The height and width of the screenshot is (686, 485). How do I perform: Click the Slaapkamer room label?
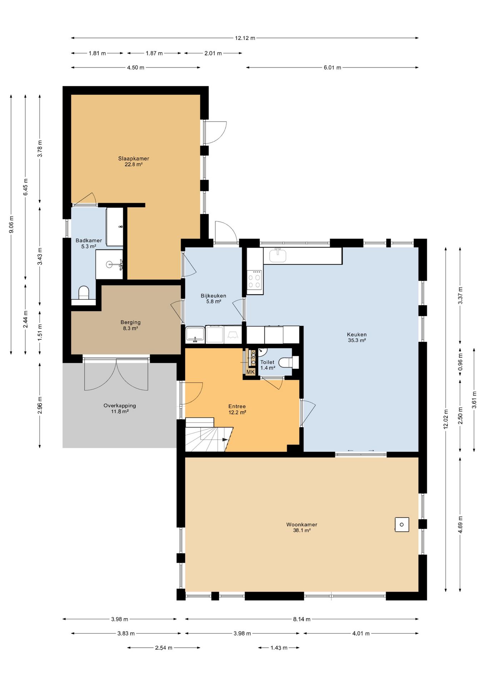[134, 159]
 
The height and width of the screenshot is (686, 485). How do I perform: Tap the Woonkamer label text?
[302, 525]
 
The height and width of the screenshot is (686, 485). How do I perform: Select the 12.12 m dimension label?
[245, 38]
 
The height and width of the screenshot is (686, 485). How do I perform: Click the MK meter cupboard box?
[250, 372]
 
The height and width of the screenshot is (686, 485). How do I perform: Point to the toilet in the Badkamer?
[84, 292]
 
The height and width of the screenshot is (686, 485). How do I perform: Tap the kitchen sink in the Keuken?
[278, 255]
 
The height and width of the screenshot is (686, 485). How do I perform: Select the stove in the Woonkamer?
[402, 525]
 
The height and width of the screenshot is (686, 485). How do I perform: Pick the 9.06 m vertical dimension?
[11, 224]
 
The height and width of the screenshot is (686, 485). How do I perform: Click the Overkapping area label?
[120, 406]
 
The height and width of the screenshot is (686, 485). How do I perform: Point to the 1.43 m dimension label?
[279, 647]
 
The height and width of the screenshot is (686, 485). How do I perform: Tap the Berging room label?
[130, 322]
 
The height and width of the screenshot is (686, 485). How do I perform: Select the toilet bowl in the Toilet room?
[286, 362]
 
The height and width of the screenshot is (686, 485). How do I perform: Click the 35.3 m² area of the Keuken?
[357, 340]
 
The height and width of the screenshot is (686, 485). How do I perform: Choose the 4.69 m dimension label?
[460, 524]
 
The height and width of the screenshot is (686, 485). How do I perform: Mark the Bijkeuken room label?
[213, 296]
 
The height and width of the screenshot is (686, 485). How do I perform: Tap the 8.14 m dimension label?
[302, 619]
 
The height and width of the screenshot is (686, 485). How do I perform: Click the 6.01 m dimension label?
[332, 68]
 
